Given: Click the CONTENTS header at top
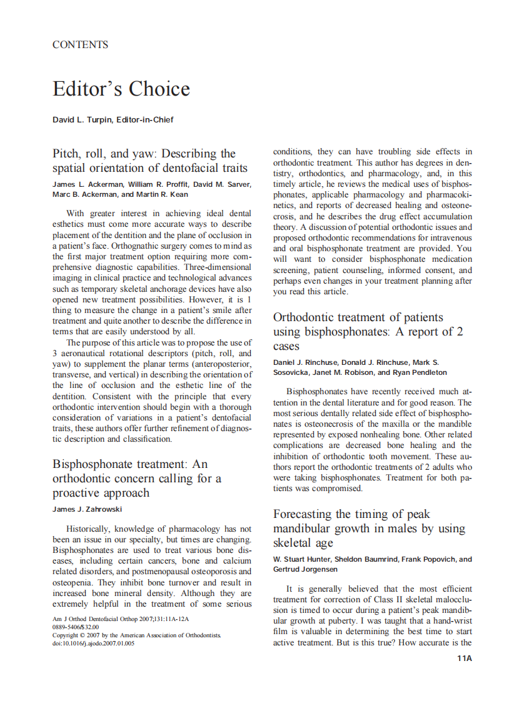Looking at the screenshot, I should (x=80, y=44).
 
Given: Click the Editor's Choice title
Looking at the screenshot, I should (x=121, y=89).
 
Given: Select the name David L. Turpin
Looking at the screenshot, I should (x=82, y=119).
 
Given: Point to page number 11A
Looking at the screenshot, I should (x=464, y=659).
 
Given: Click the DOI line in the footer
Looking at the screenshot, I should (x=93, y=644).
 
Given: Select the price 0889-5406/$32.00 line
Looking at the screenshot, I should (x=76, y=627).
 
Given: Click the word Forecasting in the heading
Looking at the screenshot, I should (x=303, y=514).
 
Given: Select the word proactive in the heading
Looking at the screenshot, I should (x=78, y=493).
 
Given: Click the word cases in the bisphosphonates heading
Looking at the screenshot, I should (x=286, y=346).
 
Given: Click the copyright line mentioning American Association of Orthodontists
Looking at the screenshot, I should (x=136, y=635).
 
